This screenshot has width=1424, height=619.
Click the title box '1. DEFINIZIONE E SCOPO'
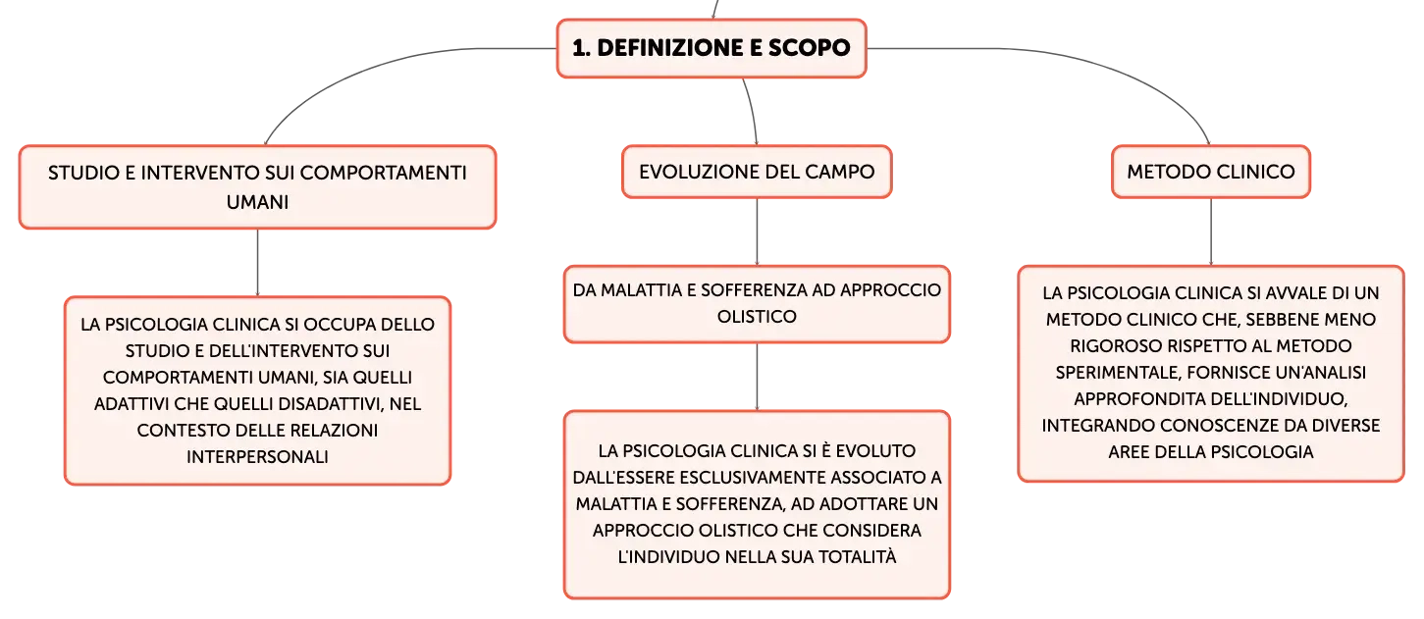712,48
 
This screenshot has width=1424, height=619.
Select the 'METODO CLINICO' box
1210,172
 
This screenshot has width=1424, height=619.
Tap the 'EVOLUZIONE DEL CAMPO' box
757,172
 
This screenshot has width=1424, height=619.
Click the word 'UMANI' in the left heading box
257,202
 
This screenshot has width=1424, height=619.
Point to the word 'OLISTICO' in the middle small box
757,317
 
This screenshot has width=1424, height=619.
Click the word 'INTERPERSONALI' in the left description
257,457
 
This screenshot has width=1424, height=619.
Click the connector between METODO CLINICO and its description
1211,232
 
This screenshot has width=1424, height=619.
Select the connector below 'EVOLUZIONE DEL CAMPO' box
757,232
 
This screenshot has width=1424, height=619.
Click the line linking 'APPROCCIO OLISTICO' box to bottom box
757,377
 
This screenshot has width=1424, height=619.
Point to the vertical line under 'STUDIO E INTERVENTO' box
257,263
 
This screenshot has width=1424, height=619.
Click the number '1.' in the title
581,48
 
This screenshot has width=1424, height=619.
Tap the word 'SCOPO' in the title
809,48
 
